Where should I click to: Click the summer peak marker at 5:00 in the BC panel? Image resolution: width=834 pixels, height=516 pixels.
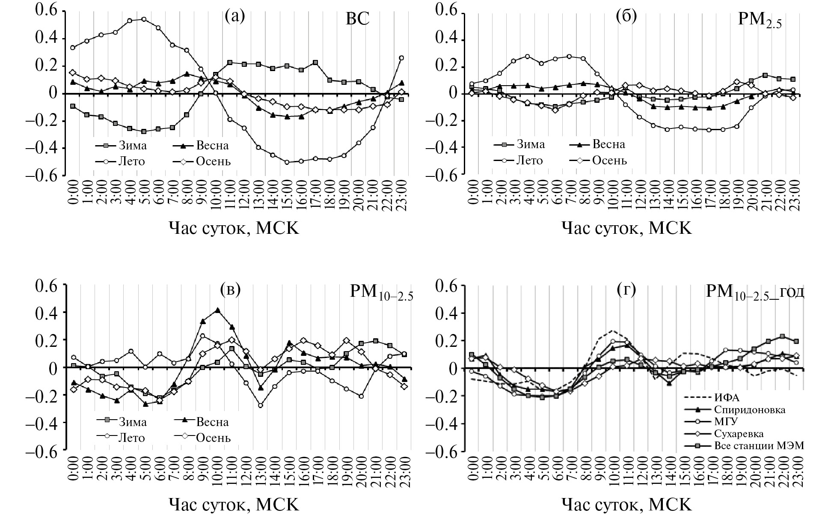(144, 19)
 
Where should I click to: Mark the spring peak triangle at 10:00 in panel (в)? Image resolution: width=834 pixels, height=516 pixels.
(218, 310)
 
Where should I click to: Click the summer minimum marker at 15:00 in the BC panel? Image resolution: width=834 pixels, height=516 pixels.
(287, 162)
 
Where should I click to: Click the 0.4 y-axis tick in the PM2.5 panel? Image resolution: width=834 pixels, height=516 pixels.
(448, 40)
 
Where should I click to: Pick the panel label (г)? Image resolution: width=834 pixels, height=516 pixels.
(626, 290)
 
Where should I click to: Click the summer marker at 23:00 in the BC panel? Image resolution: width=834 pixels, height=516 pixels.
(401, 58)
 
